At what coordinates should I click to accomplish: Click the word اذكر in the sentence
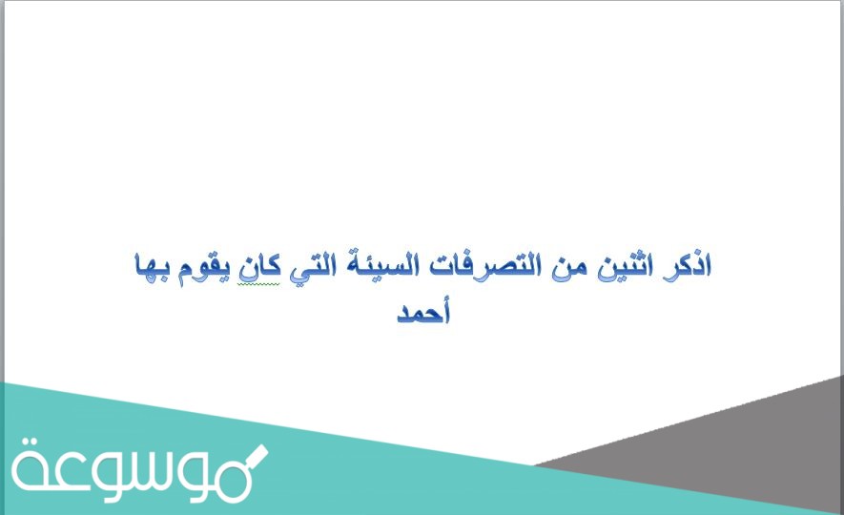coord(689,265)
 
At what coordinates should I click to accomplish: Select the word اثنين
coord(623,265)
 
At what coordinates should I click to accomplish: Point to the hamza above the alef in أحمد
coord(444,299)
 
